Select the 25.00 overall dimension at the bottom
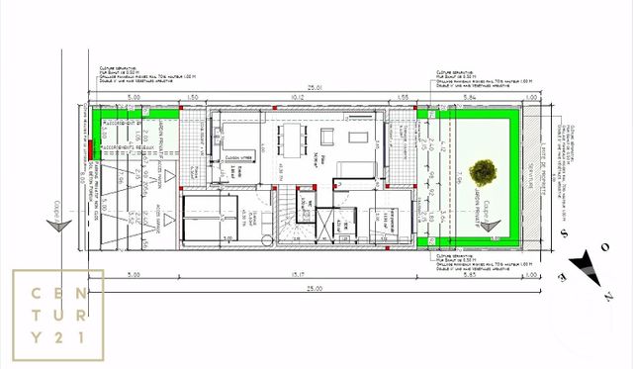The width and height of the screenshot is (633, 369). (x=315, y=287)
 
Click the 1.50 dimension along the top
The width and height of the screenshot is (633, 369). (x=194, y=96)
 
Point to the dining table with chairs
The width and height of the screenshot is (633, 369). (x=293, y=140)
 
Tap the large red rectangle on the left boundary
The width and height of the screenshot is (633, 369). (x=90, y=148)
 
